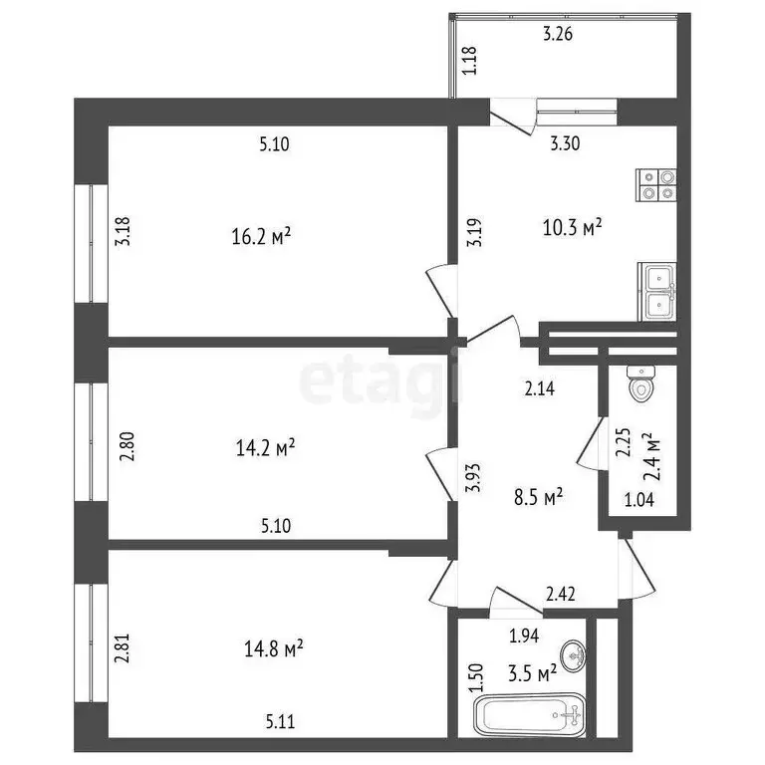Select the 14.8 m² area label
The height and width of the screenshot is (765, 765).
pos(271,648)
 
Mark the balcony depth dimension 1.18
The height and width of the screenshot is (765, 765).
pos(467,62)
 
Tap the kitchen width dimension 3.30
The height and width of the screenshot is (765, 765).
pos(566,143)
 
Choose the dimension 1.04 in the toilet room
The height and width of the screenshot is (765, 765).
pos(639,501)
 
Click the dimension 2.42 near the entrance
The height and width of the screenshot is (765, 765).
pos(561,595)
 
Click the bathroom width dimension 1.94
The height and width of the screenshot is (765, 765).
pos(525,636)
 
